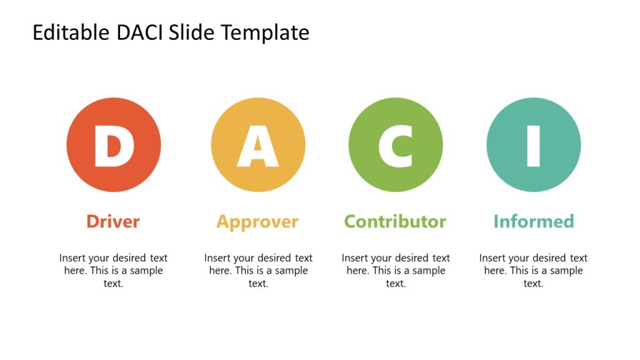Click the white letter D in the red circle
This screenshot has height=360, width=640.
tap(114, 146)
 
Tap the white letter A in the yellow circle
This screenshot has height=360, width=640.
tap(258, 146)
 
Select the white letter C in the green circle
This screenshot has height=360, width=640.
tap(395, 146)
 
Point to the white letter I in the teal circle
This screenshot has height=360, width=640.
tap(533, 146)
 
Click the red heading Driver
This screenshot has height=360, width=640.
tap(113, 221)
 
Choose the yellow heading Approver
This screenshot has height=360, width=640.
tap(257, 222)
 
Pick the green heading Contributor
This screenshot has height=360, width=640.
tap(395, 221)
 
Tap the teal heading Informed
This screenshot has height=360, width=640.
tap(533, 221)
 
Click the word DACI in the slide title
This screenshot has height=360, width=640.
tap(140, 32)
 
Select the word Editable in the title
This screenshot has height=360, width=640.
tap(71, 32)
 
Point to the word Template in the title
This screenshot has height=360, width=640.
tap(270, 32)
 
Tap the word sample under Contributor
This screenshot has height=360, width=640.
tap(429, 271)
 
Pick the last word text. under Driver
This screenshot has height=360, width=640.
tap(113, 284)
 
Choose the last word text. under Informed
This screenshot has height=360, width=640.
tap(533, 284)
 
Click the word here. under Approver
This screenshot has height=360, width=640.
tap(220, 271)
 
